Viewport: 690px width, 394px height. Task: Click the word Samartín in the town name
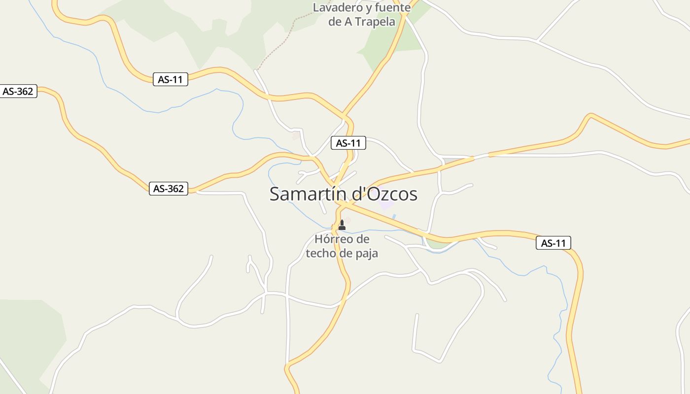[308, 194]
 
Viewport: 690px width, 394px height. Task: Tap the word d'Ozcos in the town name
[383, 194]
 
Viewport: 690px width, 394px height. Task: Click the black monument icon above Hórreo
[342, 225]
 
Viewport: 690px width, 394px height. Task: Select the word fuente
[393, 8]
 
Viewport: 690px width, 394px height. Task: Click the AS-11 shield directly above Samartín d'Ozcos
[348, 143]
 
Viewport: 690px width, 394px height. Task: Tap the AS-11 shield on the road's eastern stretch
[553, 243]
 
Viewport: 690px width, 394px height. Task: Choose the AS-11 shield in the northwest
[170, 79]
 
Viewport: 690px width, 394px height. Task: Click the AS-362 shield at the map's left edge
[18, 91]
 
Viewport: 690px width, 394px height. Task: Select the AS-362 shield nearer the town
[169, 189]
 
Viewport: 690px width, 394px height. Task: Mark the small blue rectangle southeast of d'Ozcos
[394, 216]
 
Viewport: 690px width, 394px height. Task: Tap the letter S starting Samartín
[275, 194]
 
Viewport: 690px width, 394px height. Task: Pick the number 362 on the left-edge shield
[25, 91]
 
